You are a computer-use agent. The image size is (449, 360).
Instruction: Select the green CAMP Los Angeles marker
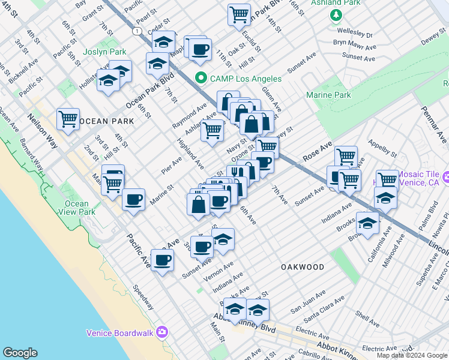(200, 79)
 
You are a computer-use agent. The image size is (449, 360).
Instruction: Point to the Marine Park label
(328, 95)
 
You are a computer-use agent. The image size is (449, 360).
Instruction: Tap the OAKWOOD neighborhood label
(303, 267)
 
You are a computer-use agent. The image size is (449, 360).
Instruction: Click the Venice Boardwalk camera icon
(161, 332)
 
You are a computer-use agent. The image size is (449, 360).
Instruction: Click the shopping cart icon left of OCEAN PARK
(68, 118)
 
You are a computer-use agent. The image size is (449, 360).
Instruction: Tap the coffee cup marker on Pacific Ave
(162, 260)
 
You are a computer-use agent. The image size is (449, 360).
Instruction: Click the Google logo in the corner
(20, 353)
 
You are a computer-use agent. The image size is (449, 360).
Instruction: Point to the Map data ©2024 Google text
(412, 355)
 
